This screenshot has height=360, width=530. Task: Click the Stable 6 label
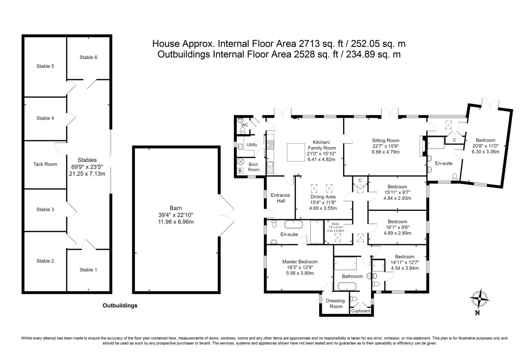click(x=88, y=57)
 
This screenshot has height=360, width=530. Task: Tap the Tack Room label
click(x=45, y=164)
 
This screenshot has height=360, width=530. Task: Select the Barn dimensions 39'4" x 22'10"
click(x=176, y=215)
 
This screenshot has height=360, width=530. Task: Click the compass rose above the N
click(x=479, y=299)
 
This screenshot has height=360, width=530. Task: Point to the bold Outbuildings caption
click(x=120, y=306)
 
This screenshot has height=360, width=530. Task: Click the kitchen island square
click(x=296, y=152)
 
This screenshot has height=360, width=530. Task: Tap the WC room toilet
click(x=242, y=130)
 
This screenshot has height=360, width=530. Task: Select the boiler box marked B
click(x=240, y=170)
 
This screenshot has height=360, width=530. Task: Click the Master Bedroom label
click(x=300, y=262)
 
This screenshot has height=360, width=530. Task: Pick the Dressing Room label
click(x=336, y=303)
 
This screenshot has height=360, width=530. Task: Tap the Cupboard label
click(x=361, y=311)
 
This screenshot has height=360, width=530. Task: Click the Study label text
click(x=336, y=224)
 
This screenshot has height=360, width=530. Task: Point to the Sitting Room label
click(x=386, y=140)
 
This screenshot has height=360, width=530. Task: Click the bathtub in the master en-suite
click(x=293, y=224)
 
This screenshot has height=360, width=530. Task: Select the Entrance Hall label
click(x=281, y=198)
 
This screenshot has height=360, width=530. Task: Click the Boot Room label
click(x=253, y=167)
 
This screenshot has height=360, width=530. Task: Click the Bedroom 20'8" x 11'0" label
click(x=485, y=140)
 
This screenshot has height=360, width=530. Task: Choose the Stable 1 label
click(x=88, y=270)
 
